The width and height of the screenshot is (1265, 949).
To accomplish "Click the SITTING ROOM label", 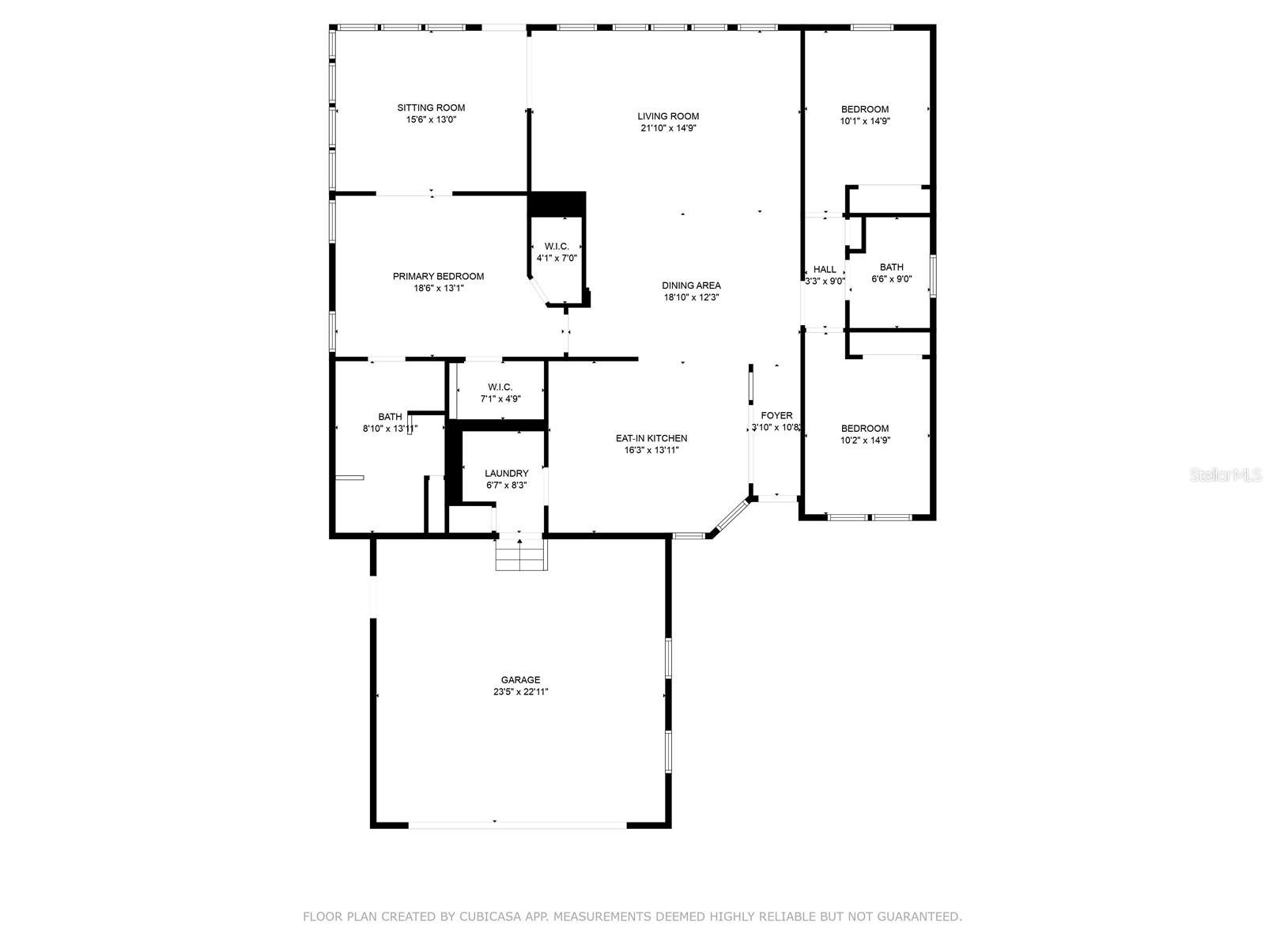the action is (x=431, y=108).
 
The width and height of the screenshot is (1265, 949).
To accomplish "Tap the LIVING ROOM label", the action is (x=668, y=116).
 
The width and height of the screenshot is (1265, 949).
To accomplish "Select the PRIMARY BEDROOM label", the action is (x=438, y=277).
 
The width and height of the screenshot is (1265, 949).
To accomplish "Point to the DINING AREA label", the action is (x=691, y=285).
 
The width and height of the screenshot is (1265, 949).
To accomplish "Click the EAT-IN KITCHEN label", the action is (x=651, y=438).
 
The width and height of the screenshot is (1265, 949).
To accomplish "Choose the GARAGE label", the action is (x=520, y=680).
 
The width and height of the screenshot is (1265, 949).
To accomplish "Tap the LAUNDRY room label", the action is (x=506, y=474).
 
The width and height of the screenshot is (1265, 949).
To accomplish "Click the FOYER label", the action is (x=776, y=415).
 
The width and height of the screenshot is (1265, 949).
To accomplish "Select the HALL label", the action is (x=824, y=270).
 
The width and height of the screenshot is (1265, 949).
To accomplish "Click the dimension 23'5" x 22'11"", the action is (x=520, y=692).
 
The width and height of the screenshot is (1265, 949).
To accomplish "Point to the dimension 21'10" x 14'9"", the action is (x=668, y=128).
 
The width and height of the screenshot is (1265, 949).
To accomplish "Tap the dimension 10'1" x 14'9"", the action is (x=864, y=122).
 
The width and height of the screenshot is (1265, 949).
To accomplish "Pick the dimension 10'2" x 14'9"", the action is (x=864, y=440).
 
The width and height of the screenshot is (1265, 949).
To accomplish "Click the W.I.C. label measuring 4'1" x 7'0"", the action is (x=556, y=247).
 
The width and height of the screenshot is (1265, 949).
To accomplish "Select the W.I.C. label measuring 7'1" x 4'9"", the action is (x=500, y=388).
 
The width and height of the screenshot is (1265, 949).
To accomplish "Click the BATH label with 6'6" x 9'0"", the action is (x=891, y=267).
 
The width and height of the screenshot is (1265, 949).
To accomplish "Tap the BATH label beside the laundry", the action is (x=390, y=417).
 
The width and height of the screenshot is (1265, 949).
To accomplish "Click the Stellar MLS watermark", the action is (x=1225, y=475).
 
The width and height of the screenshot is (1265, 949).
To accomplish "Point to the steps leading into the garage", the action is (x=521, y=554).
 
